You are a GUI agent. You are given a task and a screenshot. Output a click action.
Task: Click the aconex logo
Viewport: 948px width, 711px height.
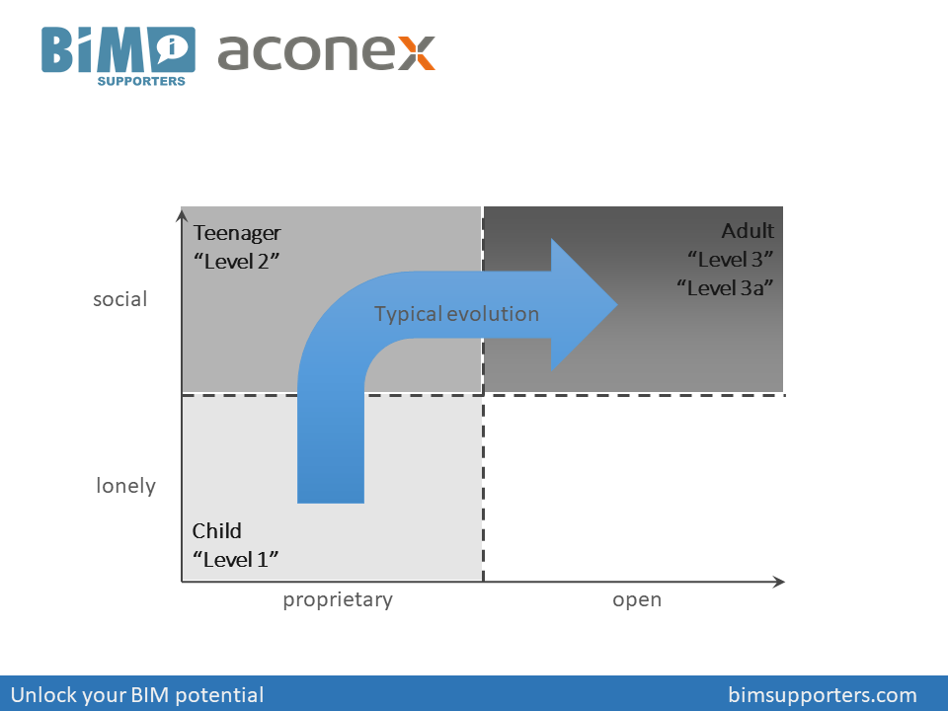[326, 51]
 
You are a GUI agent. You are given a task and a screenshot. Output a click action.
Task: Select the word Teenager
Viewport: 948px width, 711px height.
[237, 233]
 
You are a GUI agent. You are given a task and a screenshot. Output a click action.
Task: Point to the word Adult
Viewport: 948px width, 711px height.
[748, 231]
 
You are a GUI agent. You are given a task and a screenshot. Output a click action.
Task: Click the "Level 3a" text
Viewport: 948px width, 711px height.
[725, 287]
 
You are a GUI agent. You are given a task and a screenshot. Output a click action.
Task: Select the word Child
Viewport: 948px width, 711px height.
[216, 531]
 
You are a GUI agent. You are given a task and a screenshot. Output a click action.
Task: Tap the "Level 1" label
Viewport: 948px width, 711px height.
[235, 559]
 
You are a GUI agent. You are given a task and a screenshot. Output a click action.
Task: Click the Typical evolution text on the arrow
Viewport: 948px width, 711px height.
[456, 314]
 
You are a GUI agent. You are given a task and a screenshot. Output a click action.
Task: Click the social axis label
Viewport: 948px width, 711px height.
[119, 299]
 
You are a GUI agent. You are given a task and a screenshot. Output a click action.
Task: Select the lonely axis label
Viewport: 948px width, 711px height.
[125, 486]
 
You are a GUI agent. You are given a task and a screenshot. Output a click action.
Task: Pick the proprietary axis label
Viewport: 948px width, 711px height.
[338, 599]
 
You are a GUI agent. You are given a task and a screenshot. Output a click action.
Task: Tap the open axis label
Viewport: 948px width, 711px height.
[637, 599]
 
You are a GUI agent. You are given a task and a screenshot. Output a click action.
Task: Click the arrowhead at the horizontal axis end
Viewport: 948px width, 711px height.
[780, 582]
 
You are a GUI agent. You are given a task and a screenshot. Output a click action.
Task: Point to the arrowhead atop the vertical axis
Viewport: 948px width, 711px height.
[182, 212]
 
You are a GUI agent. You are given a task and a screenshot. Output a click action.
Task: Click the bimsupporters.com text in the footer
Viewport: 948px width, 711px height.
[823, 694]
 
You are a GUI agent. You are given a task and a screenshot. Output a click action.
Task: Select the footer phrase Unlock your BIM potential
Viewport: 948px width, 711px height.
[137, 694]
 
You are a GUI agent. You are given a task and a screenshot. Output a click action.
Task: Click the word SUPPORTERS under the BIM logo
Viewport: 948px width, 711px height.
[141, 81]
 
